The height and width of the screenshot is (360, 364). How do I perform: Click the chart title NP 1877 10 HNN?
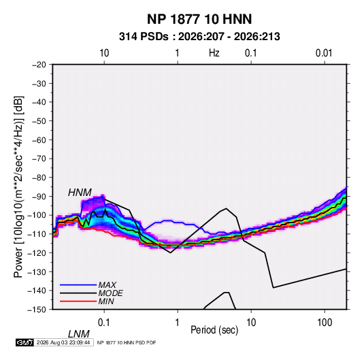click(x=199, y=19)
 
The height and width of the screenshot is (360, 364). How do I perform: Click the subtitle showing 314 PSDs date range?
click(x=199, y=37)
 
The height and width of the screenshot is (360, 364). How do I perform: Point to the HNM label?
click(x=80, y=193)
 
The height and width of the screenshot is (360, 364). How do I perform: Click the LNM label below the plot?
click(x=78, y=334)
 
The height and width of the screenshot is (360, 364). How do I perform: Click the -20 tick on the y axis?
click(x=39, y=65)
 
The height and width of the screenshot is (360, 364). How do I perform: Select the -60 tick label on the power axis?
click(x=39, y=140)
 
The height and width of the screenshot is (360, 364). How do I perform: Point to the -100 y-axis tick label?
click(x=37, y=215)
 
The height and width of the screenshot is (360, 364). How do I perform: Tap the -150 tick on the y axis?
click(x=37, y=310)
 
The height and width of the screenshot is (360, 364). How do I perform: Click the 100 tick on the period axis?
click(x=325, y=323)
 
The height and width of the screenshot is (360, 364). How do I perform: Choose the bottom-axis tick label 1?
click(x=178, y=323)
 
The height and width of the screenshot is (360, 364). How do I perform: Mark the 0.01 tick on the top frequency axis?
click(x=324, y=53)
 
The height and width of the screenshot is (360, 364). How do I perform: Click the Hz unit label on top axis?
click(x=214, y=53)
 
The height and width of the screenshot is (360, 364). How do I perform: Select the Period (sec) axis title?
click(x=214, y=330)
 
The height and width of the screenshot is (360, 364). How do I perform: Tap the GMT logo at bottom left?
click(x=24, y=342)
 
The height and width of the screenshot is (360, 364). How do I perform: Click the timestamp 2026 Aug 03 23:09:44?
click(x=63, y=342)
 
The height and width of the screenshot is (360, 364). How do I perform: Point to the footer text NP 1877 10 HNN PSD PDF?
click(x=127, y=342)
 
